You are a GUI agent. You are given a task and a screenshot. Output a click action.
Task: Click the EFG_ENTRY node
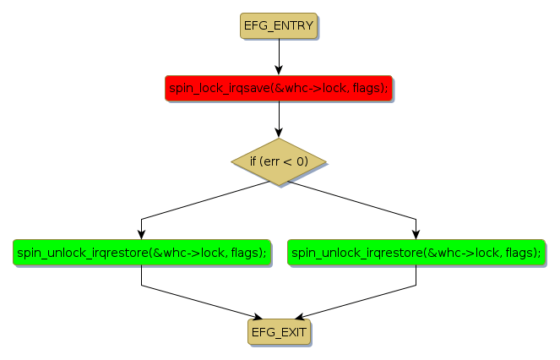click(x=279, y=26)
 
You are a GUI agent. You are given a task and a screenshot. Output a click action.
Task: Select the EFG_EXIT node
click(x=279, y=331)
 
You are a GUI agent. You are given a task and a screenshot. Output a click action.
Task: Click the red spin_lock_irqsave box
click(x=279, y=88)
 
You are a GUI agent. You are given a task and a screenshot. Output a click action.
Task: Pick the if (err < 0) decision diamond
click(x=279, y=161)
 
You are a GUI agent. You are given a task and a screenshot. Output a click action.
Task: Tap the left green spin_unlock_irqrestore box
click(x=141, y=252)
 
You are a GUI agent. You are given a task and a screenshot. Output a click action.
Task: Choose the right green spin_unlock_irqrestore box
click(x=416, y=252)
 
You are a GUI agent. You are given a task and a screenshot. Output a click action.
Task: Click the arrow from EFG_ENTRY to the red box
click(x=279, y=57)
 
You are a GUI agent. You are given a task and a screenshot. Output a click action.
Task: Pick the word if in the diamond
click(x=253, y=161)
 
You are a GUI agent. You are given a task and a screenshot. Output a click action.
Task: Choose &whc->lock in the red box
click(x=313, y=88)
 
